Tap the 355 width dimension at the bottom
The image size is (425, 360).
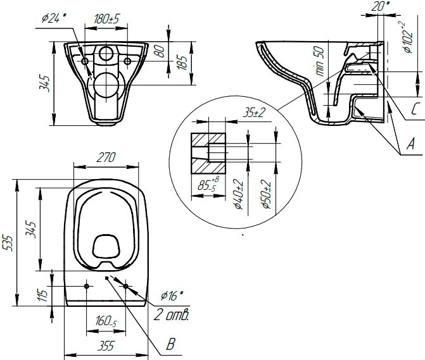point(105,345)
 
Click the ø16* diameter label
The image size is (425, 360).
point(172,296)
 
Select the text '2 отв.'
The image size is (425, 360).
point(172,313)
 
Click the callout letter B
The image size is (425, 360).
point(169,345)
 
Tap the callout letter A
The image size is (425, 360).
point(410,145)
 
